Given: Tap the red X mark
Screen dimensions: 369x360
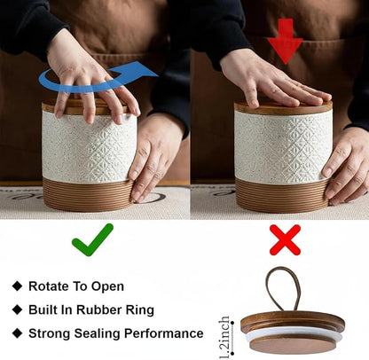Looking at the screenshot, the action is point(285,239).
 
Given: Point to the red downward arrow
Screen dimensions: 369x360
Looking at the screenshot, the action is point(285,42).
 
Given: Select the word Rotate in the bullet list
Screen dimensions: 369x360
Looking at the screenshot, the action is point(46,286).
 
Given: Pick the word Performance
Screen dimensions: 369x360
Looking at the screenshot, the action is point(163,333).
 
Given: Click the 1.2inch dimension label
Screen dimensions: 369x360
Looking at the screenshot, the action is point(224,337).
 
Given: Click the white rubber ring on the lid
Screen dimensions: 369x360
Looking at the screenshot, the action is point(293,333).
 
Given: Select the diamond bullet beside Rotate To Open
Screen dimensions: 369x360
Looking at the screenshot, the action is point(18,286).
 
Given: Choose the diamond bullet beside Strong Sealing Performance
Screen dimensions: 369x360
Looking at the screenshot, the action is point(18,333).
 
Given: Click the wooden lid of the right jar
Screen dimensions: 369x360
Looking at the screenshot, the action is point(283,108).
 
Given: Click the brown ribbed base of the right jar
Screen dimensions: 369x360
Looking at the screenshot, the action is point(282,196).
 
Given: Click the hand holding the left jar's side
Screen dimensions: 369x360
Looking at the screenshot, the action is point(156,157).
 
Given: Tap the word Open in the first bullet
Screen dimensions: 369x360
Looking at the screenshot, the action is point(107,286).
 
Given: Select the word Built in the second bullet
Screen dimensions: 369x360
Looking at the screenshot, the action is point(41,309).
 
